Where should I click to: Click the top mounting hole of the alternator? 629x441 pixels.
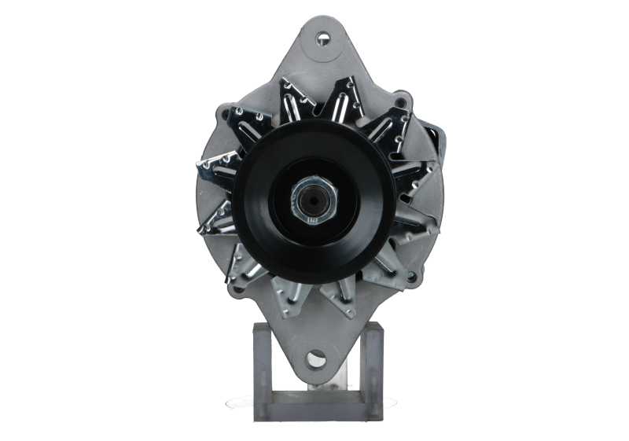(x=322, y=38)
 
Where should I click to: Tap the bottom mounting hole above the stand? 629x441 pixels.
(x=316, y=359)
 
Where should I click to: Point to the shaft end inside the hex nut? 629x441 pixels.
(x=314, y=200)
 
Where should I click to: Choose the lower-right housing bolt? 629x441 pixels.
(x=411, y=276)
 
